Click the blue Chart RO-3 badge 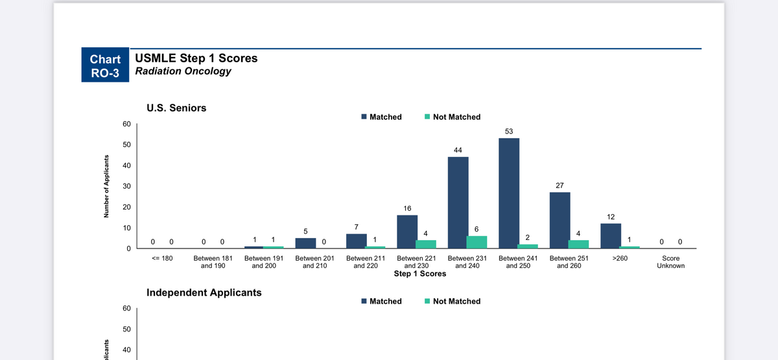pos(105,65)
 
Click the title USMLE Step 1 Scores pos(196,58)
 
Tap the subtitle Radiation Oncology pos(183,71)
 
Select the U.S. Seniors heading pos(176,108)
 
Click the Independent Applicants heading pos(204,293)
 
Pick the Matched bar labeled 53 pos(509,193)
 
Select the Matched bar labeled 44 pos(458,202)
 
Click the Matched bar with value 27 pos(560,221)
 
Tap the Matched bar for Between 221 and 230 pos(407,232)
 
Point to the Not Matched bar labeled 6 pos(477,242)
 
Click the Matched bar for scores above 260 pos(611,236)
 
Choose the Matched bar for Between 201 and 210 pos(305,243)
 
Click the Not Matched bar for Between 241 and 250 pos(528,246)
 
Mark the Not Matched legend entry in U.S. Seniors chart pos(453,117)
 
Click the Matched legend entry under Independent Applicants pos(381,301)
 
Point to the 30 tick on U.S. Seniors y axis pos(127,186)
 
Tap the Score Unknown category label pos(670,262)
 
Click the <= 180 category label pos(162,258)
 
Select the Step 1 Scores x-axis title pos(420,274)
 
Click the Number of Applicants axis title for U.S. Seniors pos(106,186)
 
